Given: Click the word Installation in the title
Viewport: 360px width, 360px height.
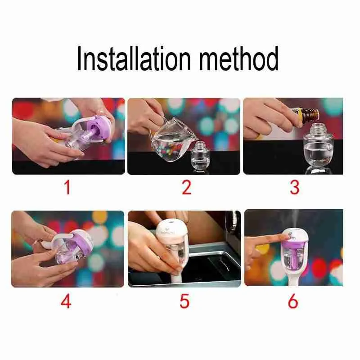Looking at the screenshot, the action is click(x=134, y=58).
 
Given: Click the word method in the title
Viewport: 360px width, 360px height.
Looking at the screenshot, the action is click(x=239, y=58).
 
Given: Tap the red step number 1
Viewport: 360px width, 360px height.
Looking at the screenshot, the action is click(x=67, y=187).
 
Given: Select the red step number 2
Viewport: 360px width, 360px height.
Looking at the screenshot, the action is click(x=186, y=187).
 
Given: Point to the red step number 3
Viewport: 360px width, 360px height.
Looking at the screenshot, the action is click(x=295, y=187).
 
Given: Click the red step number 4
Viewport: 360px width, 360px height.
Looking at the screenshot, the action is click(x=66, y=301).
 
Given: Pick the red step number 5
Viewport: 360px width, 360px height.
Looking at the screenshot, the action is click(x=184, y=301).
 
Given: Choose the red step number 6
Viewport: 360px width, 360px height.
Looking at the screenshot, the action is click(x=293, y=301).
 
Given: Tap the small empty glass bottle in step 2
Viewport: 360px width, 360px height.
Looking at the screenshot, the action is click(x=200, y=156).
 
